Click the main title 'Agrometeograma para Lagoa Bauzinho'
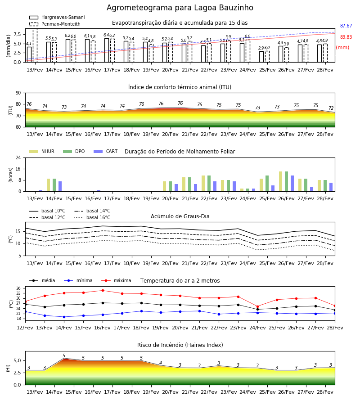click(x=180, y=8)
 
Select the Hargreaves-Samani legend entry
click(x=57, y=17)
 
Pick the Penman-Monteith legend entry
click(x=55, y=24)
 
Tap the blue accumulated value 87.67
click(x=346, y=26)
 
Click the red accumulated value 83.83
click(x=346, y=37)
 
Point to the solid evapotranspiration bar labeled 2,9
click(x=261, y=57)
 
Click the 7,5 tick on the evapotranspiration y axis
click(x=17, y=34)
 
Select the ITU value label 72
click(x=331, y=108)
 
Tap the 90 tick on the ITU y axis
click(x=18, y=93)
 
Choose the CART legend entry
click(x=106, y=151)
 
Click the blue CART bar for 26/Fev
click(x=292, y=184)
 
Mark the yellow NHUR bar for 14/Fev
click(x=48, y=185)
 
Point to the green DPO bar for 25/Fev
click(x=267, y=184)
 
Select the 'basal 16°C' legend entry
click(x=92, y=217)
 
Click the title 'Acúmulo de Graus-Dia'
click(x=180, y=216)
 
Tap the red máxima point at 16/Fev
click(x=103, y=290)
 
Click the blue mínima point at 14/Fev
click(x=64, y=317)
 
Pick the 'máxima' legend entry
click(x=116, y=280)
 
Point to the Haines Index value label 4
click(x=161, y=363)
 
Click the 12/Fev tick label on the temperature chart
click(x=25, y=328)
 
